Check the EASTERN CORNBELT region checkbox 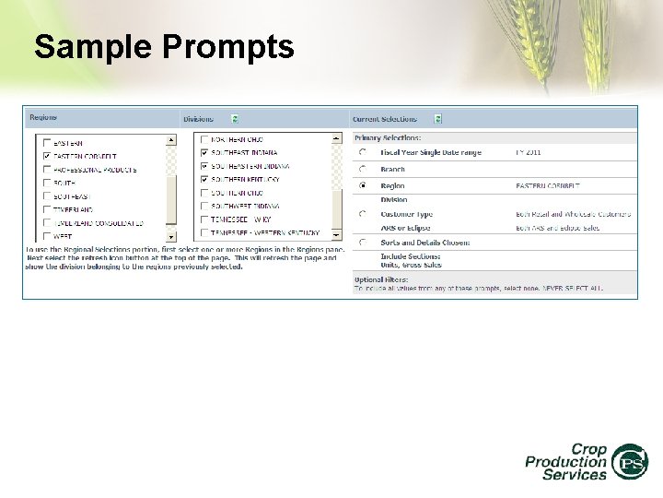47,157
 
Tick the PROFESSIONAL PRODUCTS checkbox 47,170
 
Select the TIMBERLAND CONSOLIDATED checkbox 47,223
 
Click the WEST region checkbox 47,236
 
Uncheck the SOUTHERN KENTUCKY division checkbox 204,179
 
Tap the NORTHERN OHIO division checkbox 204,139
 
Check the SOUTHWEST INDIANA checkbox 204,207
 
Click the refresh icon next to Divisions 235,119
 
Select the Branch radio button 362,170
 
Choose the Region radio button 362,185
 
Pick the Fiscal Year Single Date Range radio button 362,152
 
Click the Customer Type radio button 362,215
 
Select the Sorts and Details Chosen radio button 362,243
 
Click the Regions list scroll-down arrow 170,236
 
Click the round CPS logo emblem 631,461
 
